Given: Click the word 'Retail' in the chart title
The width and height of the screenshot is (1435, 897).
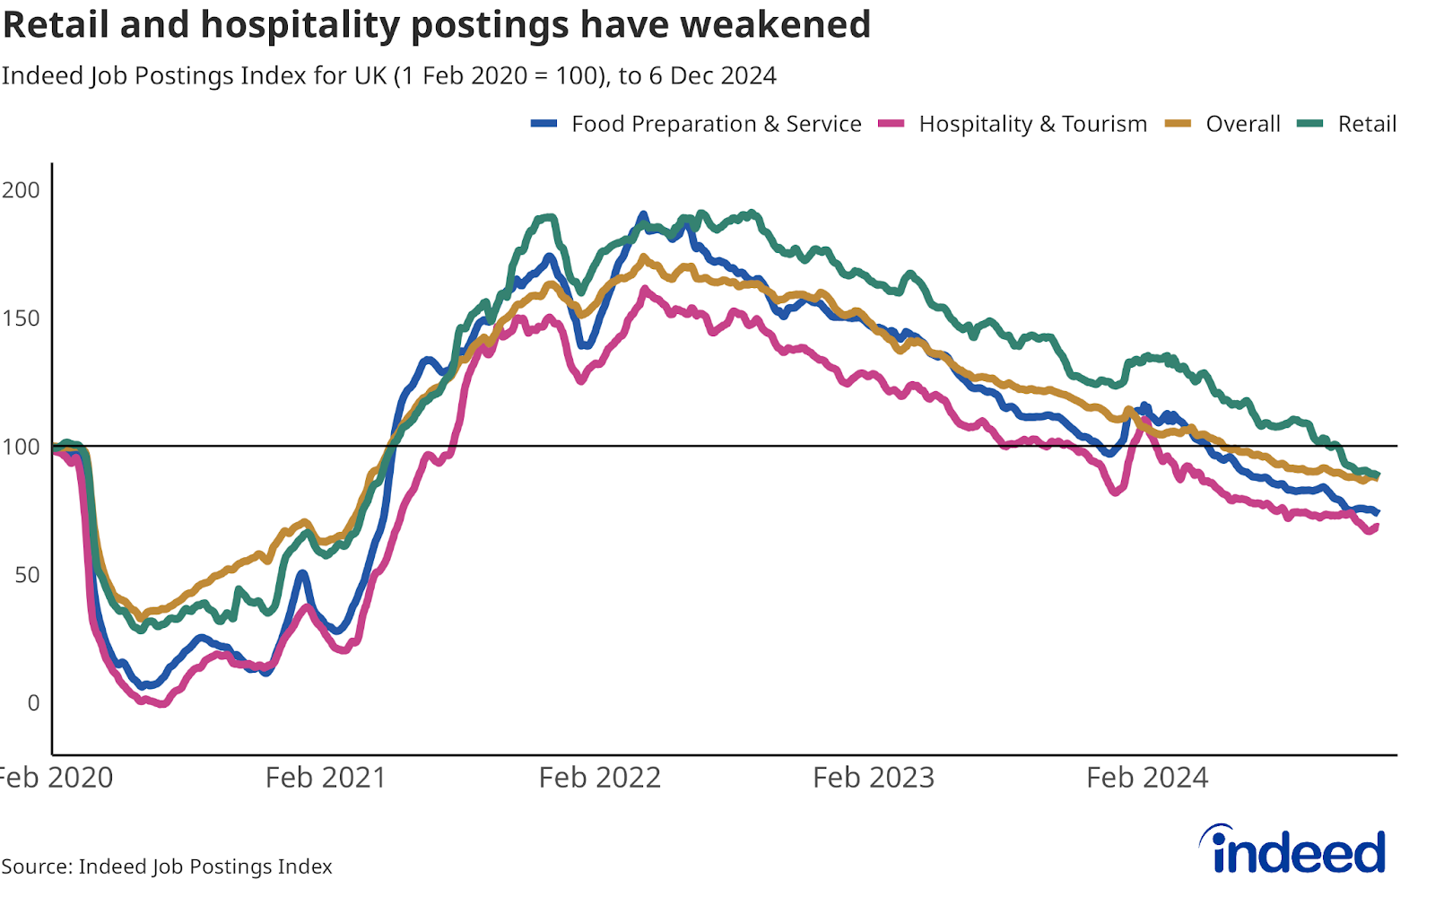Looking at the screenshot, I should (x=56, y=24).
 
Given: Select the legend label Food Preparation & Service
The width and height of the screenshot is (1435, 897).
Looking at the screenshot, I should (x=716, y=124).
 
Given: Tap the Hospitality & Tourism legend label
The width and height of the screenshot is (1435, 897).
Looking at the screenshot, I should (x=1032, y=124).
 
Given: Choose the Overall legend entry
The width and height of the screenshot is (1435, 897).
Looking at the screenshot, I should (x=1242, y=124).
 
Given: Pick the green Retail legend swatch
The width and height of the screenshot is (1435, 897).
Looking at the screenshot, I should (x=1310, y=124).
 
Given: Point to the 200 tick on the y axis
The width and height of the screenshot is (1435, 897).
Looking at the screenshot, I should (x=22, y=189).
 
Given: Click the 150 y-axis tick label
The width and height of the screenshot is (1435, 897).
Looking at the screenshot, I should (x=22, y=318).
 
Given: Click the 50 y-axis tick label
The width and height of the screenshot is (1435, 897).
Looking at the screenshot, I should (x=27, y=575).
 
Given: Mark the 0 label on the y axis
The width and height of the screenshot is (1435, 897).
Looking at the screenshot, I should (x=33, y=703).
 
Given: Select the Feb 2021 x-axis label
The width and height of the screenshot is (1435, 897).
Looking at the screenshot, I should (x=326, y=777).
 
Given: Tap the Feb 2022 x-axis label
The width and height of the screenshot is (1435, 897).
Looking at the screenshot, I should (x=599, y=777).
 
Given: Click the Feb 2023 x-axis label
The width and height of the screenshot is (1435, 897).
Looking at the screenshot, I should (x=874, y=777).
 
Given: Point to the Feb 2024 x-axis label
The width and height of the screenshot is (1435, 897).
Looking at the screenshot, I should (x=1147, y=777).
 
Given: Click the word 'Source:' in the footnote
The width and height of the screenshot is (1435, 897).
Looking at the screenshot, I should (x=37, y=867).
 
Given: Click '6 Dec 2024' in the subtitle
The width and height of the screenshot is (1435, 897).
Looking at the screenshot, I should (x=712, y=75).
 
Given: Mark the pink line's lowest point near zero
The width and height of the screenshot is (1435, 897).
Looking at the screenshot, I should (x=162, y=704).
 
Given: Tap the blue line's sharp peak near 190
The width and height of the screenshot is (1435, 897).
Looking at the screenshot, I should (x=642, y=214).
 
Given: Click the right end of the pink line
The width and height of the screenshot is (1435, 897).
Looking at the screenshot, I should (x=1376, y=527).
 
